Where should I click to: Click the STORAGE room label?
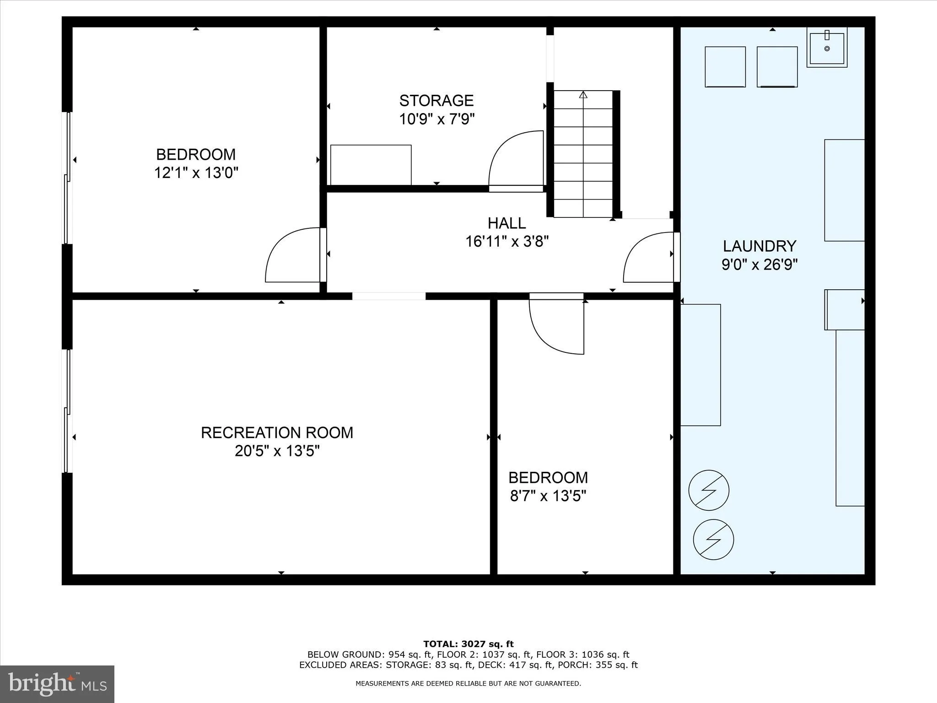pyautogui.click(x=436, y=100)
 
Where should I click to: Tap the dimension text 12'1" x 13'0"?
pyautogui.click(x=196, y=173)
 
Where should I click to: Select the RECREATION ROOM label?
pyautogui.click(x=277, y=433)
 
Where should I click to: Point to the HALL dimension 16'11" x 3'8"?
pyautogui.click(x=506, y=241)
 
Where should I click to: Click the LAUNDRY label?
pyautogui.click(x=759, y=246)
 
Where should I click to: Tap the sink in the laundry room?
pyautogui.click(x=827, y=48)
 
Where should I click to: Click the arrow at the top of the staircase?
pyautogui.click(x=583, y=95)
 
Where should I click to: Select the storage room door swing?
pyautogui.click(x=515, y=160)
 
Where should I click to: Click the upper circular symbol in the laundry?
pyautogui.click(x=709, y=490)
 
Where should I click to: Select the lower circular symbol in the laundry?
pyautogui.click(x=713, y=539)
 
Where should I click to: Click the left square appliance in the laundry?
pyautogui.click(x=725, y=67)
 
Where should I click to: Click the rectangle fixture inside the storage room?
pyautogui.click(x=371, y=165)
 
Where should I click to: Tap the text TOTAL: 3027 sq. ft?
pyautogui.click(x=468, y=644)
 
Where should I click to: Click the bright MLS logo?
pyautogui.click(x=57, y=684)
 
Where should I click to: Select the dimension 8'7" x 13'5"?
pyautogui.click(x=548, y=496)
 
